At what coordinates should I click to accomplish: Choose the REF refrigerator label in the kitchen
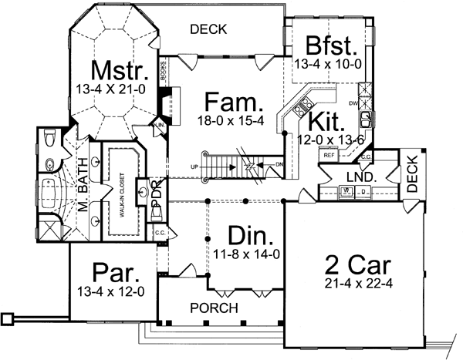coord(329,155)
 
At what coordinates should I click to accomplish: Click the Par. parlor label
coord(114,271)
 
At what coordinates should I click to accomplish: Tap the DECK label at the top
coord(208,30)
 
